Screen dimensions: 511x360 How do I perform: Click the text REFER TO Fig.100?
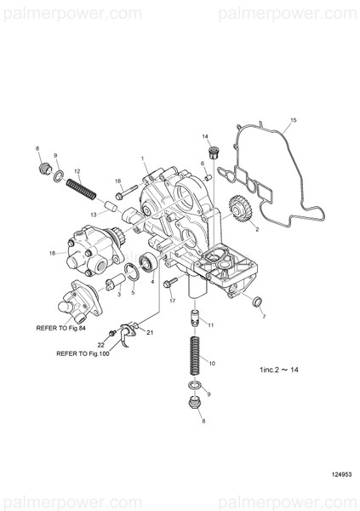pos(85,352)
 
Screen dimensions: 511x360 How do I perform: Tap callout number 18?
pos(52,253)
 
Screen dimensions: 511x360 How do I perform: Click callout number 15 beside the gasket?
pos(294,122)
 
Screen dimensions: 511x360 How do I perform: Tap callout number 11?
pos(210,326)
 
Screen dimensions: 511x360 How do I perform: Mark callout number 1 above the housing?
pos(143,159)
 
